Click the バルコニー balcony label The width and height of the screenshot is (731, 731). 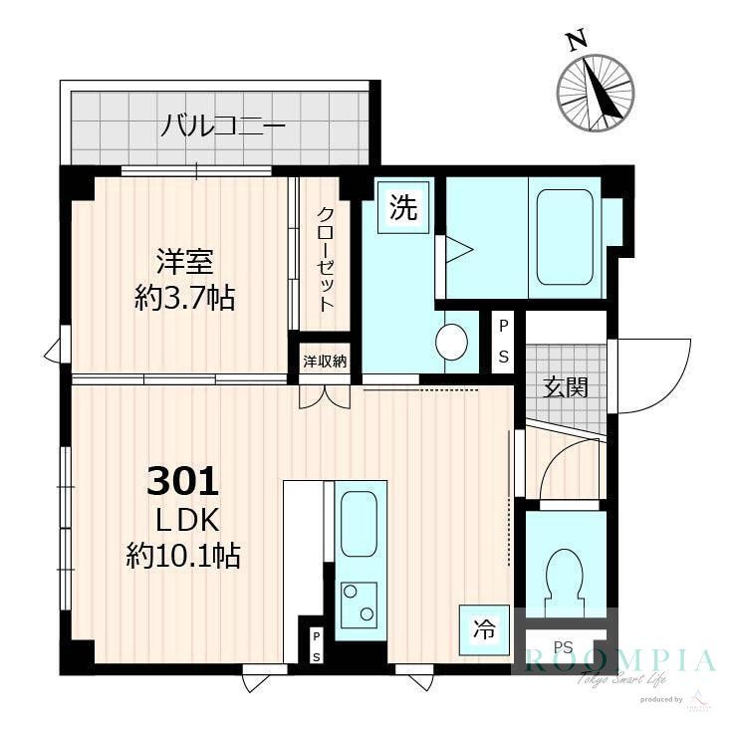click(x=224, y=126)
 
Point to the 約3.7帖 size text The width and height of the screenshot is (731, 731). click(x=185, y=297)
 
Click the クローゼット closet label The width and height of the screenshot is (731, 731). click(x=326, y=259)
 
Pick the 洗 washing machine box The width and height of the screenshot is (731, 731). click(x=403, y=208)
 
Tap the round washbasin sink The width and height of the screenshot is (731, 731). click(x=452, y=342)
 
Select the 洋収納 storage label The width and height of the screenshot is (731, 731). click(x=325, y=362)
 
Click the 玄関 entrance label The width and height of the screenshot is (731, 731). click(x=565, y=387)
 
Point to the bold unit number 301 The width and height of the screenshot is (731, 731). click(x=182, y=482)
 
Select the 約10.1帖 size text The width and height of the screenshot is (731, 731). click(x=183, y=556)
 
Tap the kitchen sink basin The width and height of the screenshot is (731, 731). click(x=360, y=523)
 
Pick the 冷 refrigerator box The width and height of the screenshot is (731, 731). click(x=483, y=628)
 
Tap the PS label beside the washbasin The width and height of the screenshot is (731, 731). click(x=503, y=342)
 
